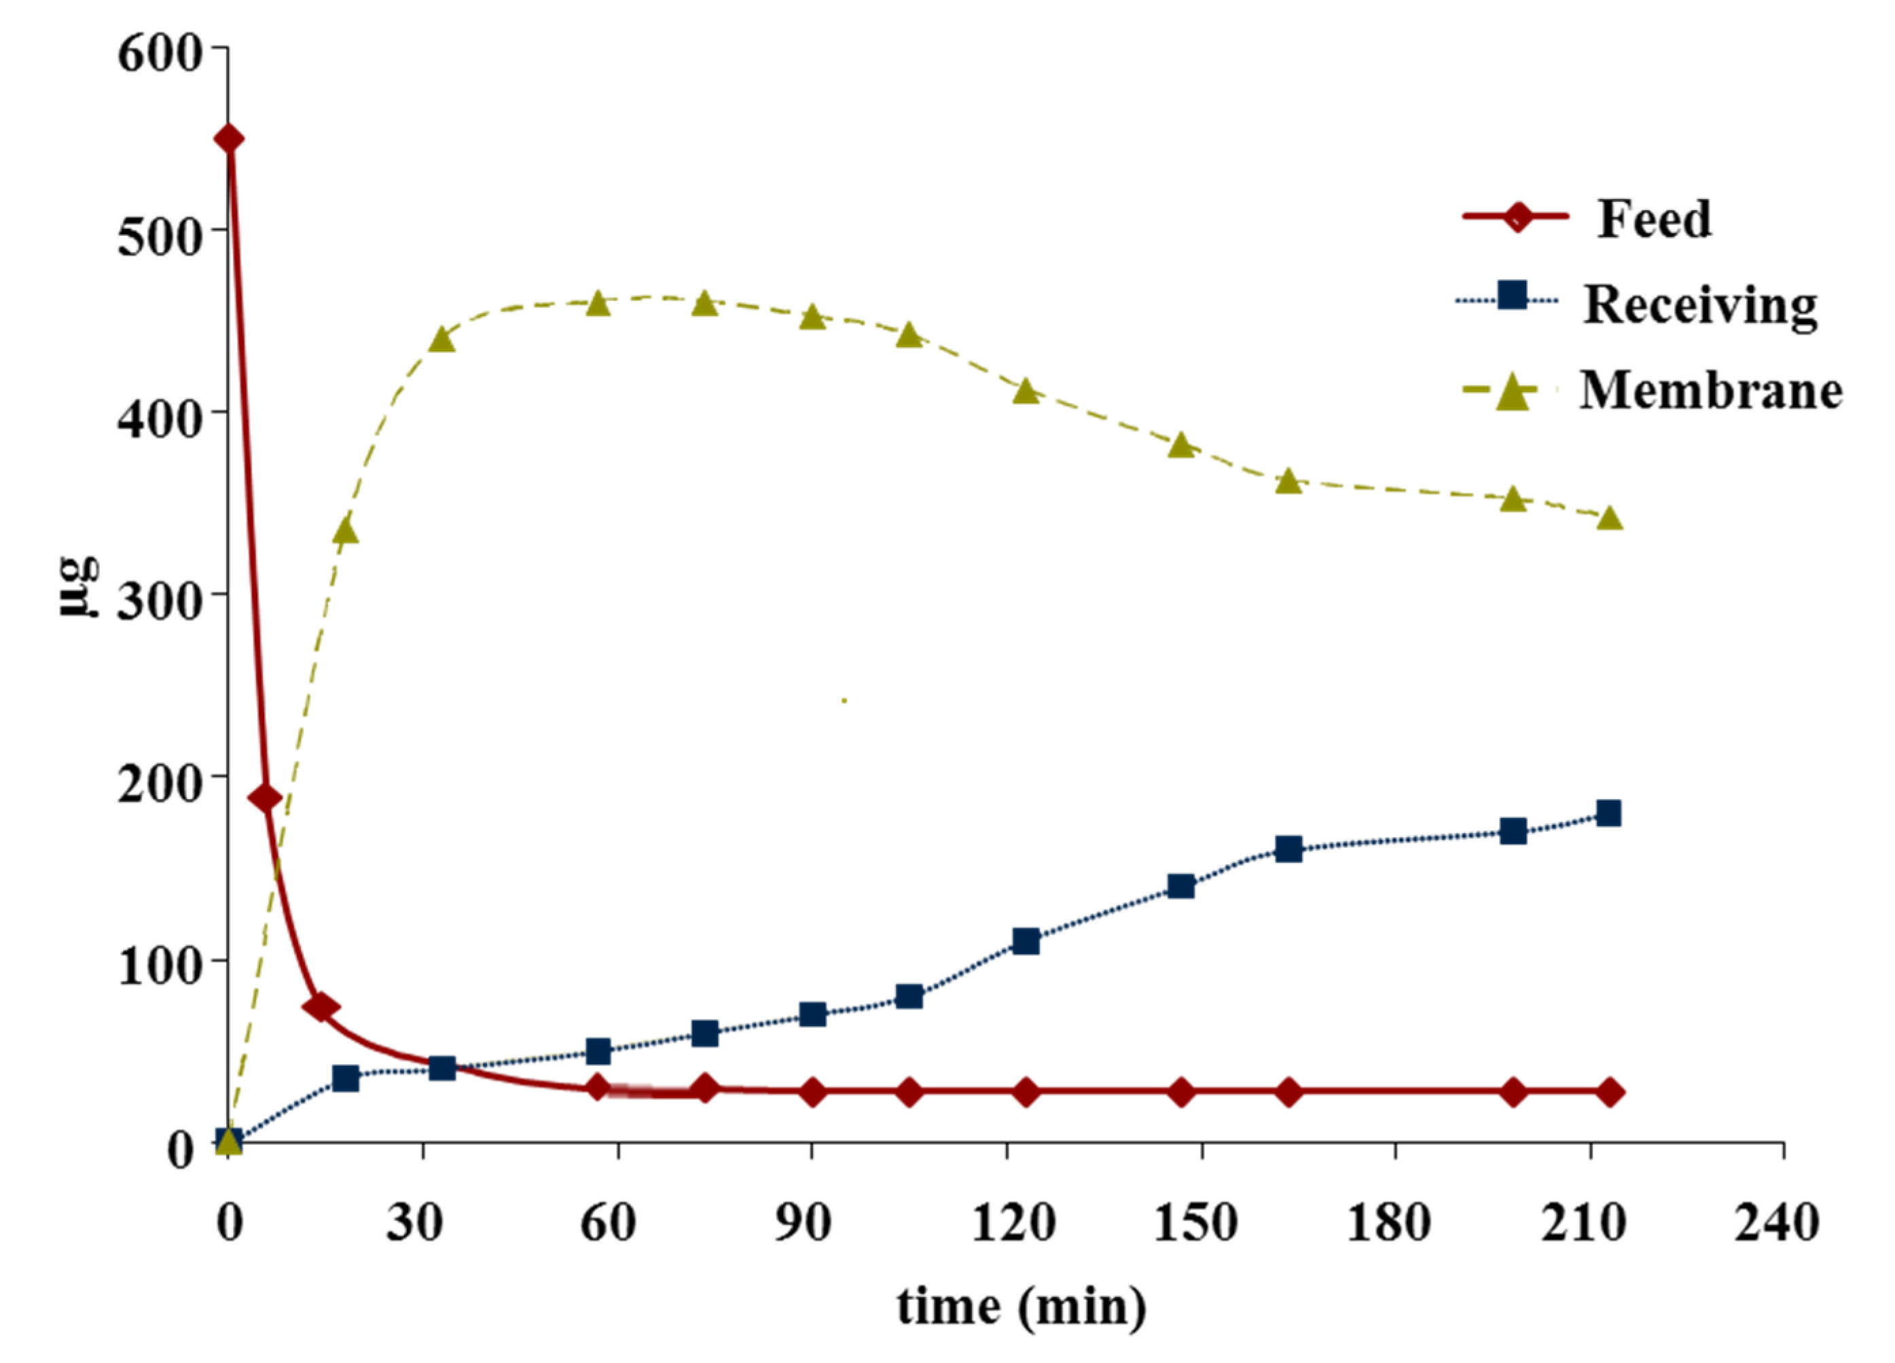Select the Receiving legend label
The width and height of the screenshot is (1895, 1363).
[1699, 305]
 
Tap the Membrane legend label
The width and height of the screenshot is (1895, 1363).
[1710, 390]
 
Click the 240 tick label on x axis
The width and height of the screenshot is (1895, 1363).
[1776, 1222]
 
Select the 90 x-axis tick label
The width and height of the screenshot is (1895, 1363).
[802, 1222]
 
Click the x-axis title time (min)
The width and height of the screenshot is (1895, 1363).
[1021, 1306]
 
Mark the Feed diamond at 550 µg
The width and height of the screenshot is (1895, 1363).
[229, 139]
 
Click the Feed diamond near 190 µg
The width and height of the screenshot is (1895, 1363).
[266, 799]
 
